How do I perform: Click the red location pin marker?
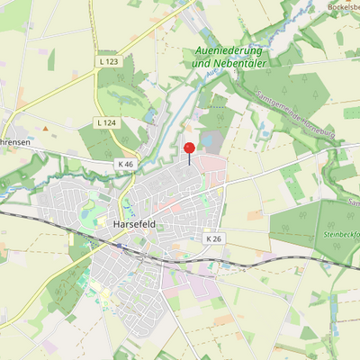(x=189, y=149)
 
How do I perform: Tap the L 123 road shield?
(x=108, y=60)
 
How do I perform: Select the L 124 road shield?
(x=106, y=121)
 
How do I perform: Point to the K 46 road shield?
(x=125, y=165)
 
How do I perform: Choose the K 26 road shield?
(x=213, y=238)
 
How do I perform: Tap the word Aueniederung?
(x=231, y=51)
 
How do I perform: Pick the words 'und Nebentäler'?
(x=231, y=65)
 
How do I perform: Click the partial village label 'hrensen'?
(x=16, y=142)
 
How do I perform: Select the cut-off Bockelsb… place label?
(x=344, y=6)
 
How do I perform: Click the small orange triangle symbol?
(x=45, y=129)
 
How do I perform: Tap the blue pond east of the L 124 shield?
(x=149, y=117)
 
